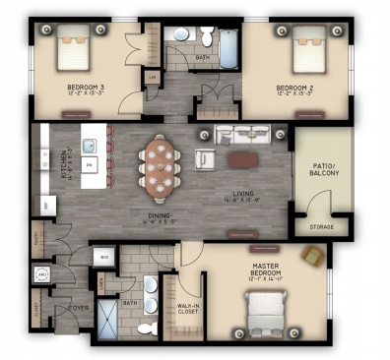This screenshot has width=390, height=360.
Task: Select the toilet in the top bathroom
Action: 206,36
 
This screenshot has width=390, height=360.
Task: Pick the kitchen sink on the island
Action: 87,148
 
